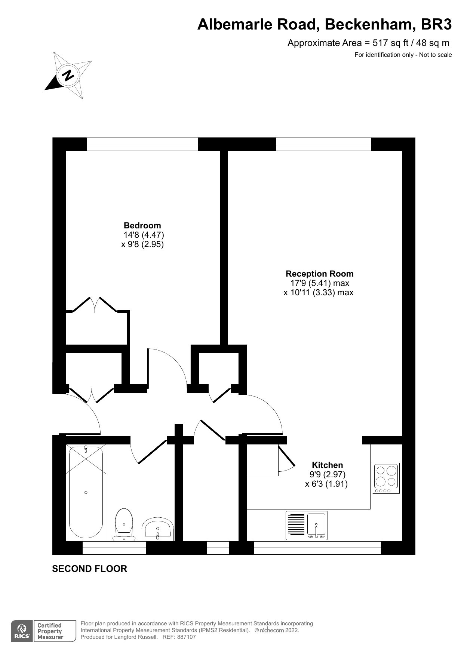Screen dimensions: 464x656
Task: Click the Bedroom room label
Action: pos(142,225)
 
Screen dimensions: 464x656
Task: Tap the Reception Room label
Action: pos(320,274)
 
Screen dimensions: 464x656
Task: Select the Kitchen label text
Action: pos(328,465)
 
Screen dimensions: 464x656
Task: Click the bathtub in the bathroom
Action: pos(86,492)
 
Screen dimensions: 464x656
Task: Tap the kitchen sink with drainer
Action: pos(307,526)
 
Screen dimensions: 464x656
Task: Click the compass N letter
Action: pos(68,75)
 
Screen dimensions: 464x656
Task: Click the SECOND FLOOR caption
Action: pos(90,569)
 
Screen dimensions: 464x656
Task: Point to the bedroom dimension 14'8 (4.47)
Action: pos(144,235)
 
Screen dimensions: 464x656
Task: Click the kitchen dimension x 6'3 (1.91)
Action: pos(326,484)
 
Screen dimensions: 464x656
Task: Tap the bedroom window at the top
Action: pos(142,144)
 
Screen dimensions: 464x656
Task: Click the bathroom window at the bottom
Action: pos(114,548)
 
